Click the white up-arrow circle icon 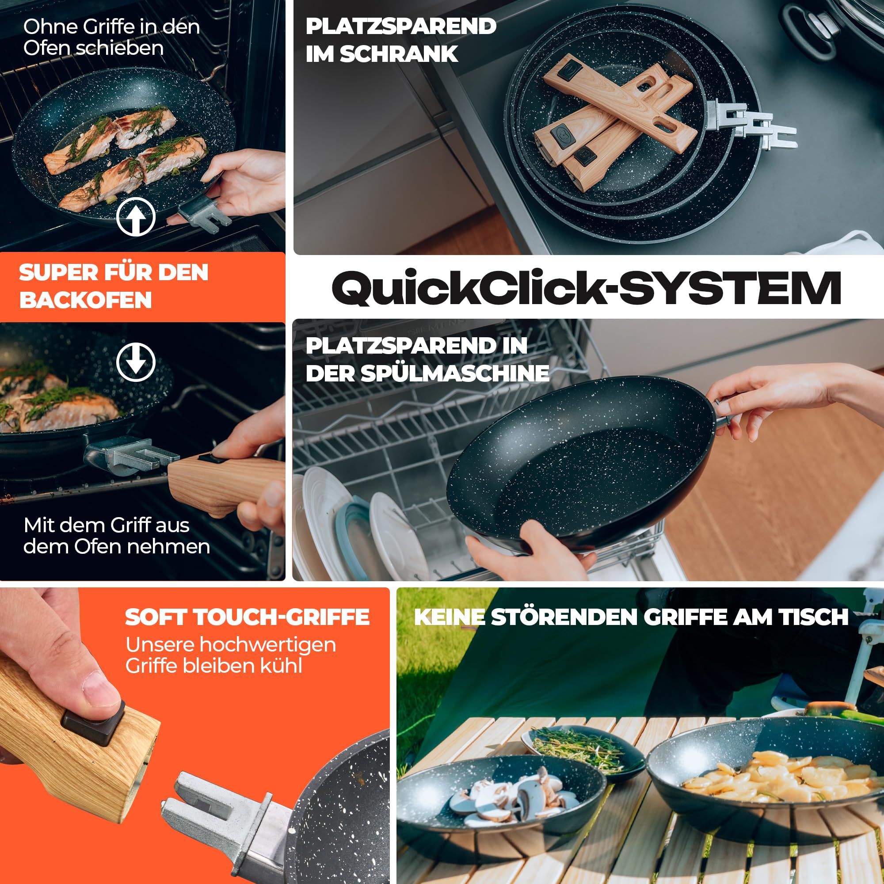pyautogui.click(x=136, y=217)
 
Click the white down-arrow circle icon pyautogui.click(x=136, y=362)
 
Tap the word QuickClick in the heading pyautogui.click(x=469, y=288)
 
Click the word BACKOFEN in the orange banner pyautogui.click(x=86, y=300)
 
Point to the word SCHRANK pyautogui.click(x=399, y=54)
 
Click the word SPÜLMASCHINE pyautogui.click(x=455, y=373)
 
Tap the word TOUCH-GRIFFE pyautogui.click(x=282, y=617)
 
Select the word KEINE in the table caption pyautogui.click(x=450, y=617)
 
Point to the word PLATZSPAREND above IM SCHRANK pyautogui.click(x=401, y=26)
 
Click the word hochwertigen pyautogui.click(x=268, y=645)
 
